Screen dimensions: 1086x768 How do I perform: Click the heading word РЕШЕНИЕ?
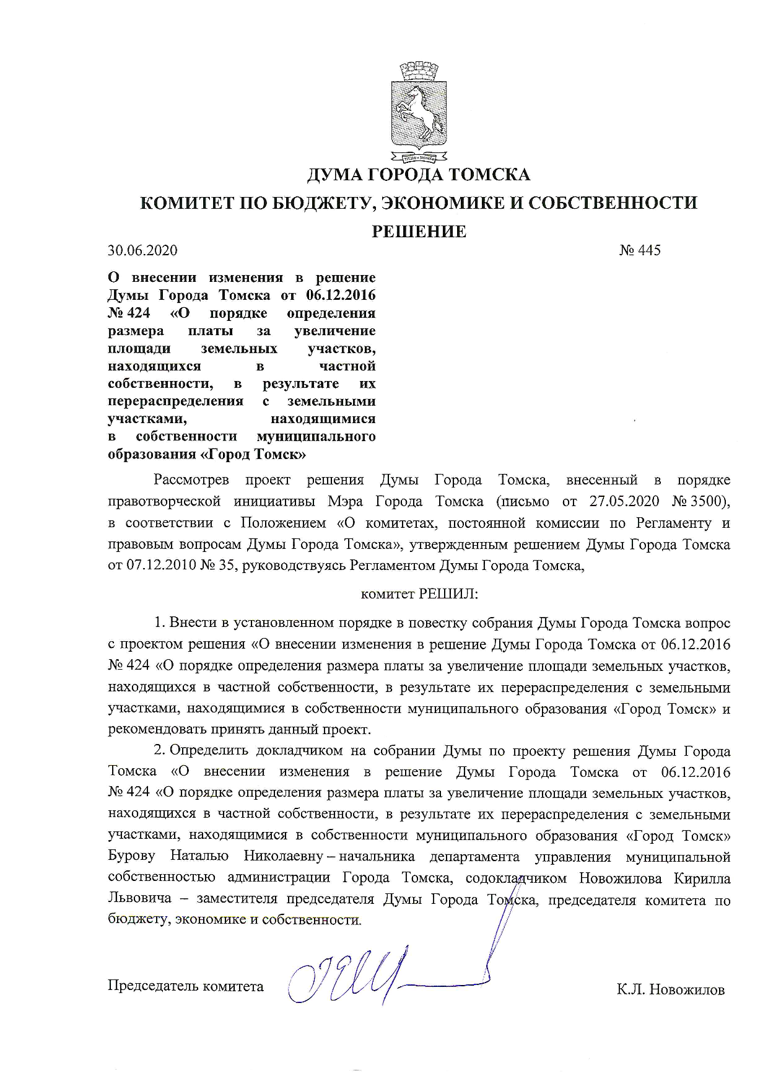point(418,232)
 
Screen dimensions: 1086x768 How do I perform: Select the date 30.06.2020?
point(142,250)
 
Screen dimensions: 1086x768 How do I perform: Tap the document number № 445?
point(640,250)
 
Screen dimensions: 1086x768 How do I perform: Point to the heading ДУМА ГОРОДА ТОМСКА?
point(419,175)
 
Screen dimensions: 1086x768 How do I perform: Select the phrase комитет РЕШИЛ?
point(419,594)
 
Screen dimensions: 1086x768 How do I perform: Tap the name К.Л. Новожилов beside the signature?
point(670,990)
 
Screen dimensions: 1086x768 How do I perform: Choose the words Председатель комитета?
point(186,986)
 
